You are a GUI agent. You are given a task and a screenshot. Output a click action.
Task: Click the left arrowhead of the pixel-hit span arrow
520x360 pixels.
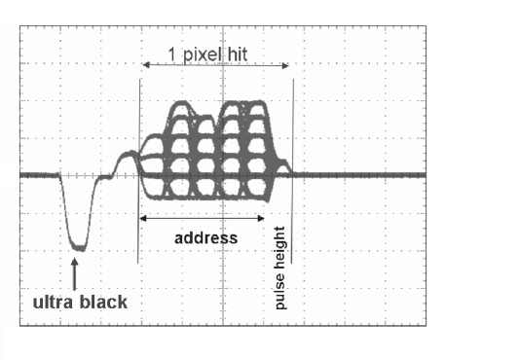click(x=146, y=65)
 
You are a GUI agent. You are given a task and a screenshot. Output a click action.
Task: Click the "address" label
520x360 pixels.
click(x=205, y=236)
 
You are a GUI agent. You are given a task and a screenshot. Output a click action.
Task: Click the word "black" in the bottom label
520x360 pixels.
click(x=103, y=302)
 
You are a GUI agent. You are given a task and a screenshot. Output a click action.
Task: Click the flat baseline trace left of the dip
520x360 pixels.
click(x=39, y=175)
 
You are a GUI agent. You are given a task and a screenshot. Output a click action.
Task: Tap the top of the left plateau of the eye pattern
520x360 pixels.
click(x=190, y=103)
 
